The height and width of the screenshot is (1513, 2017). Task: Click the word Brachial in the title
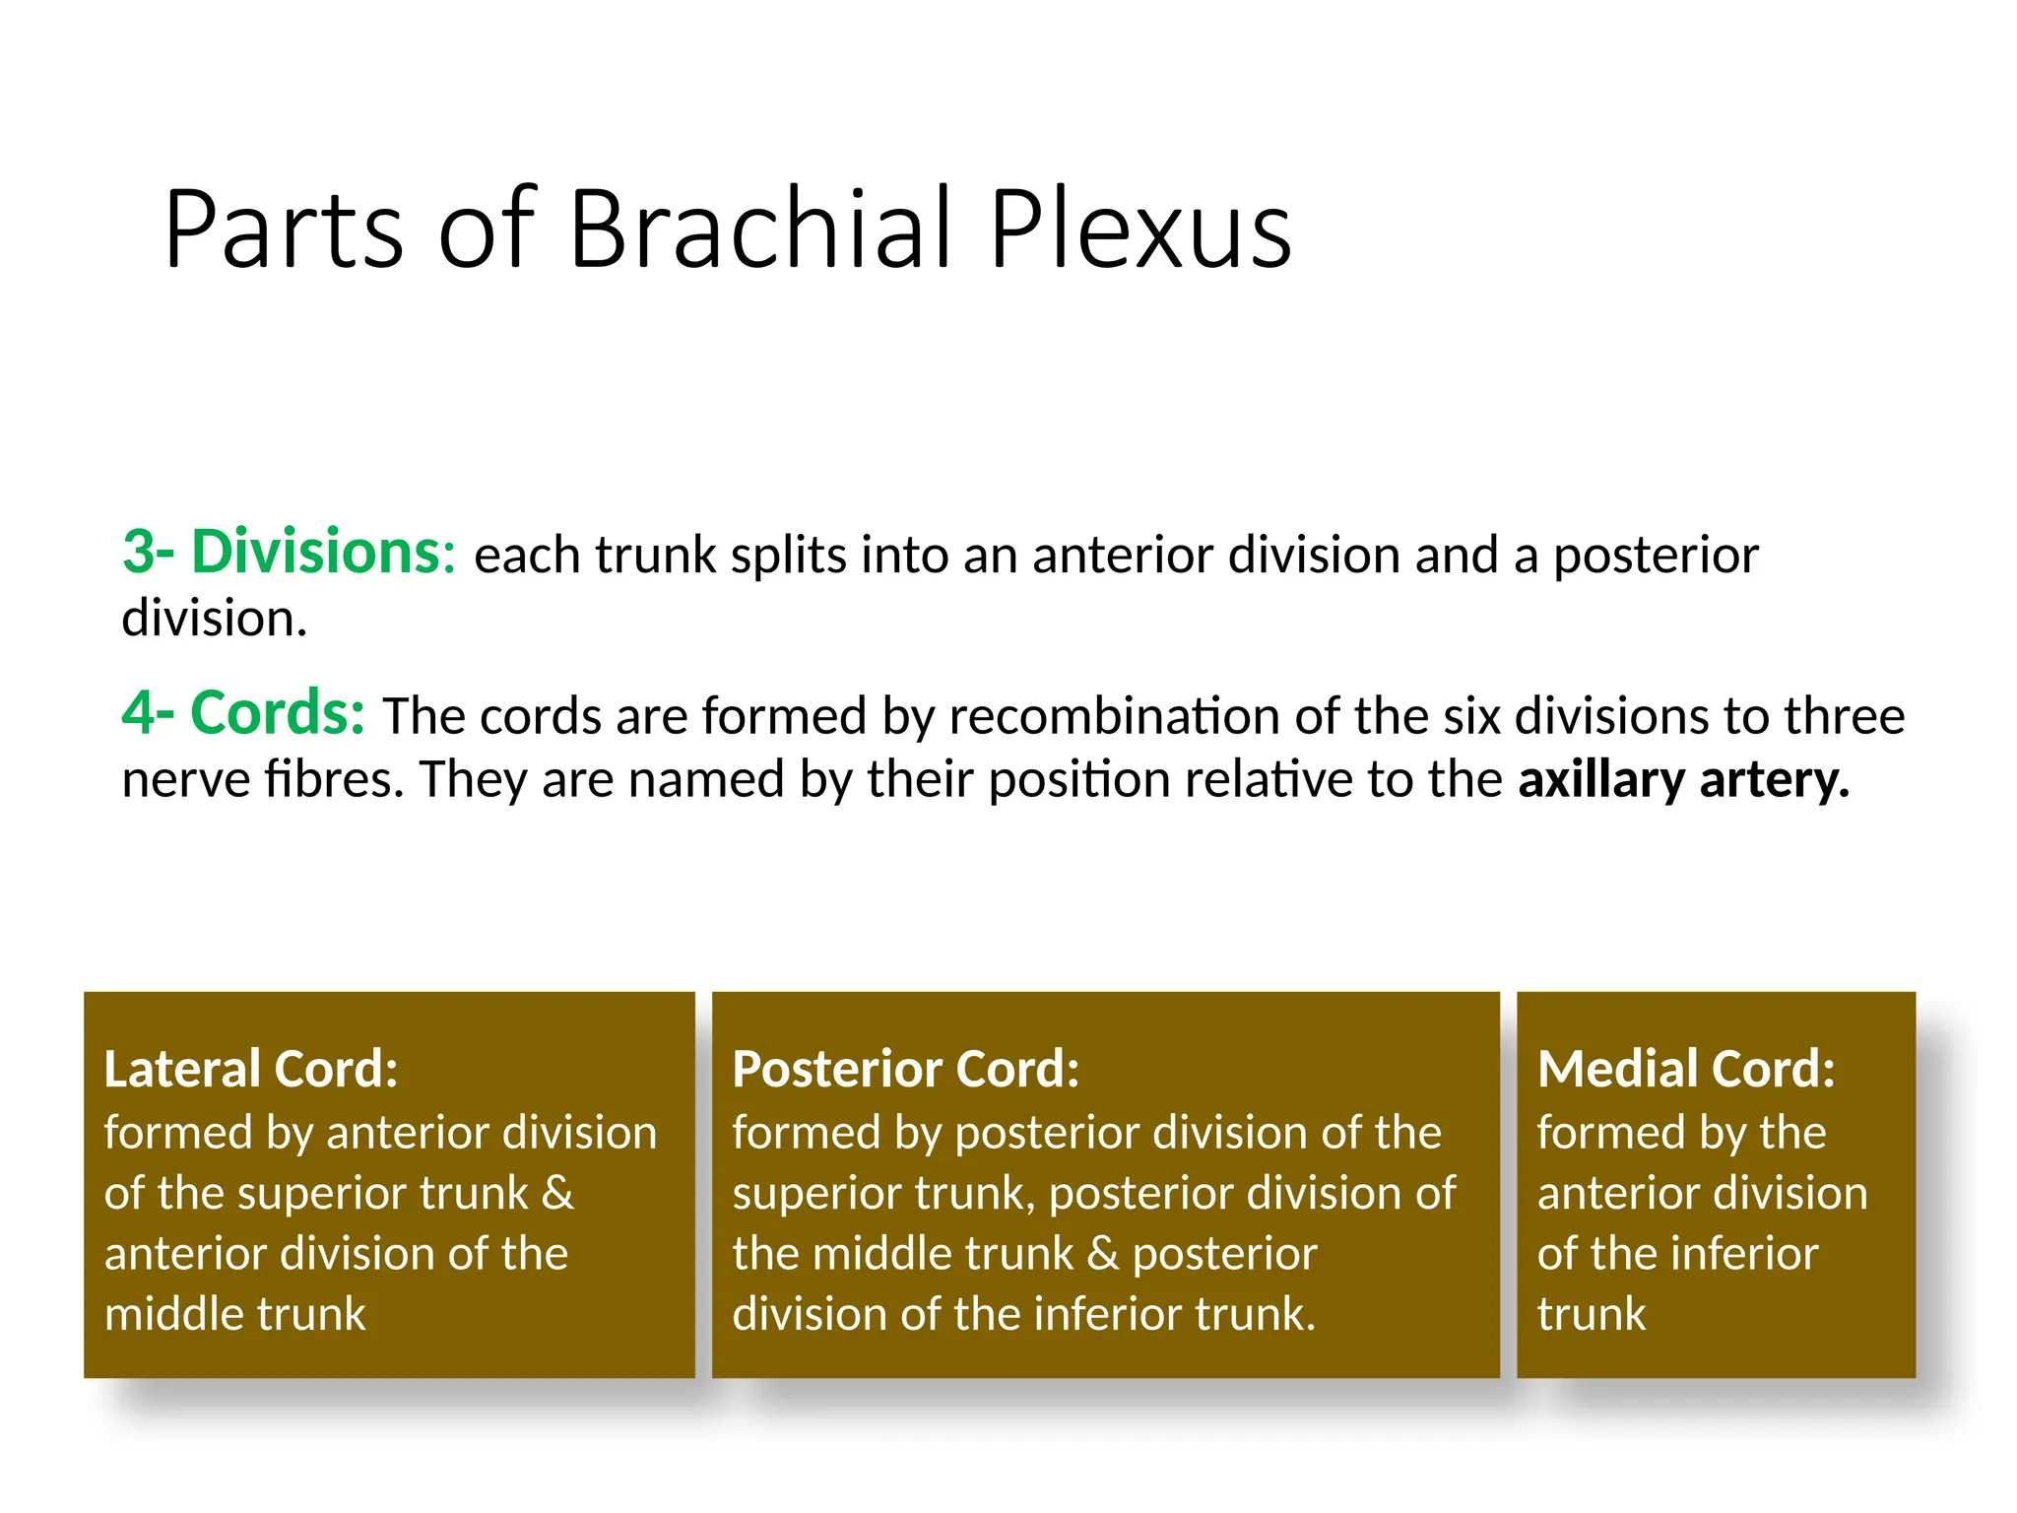(760, 230)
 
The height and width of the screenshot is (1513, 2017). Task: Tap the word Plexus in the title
(1139, 230)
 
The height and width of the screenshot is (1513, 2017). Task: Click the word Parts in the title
(284, 230)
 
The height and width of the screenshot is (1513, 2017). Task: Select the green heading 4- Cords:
(243, 713)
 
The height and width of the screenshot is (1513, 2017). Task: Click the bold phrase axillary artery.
(1683, 779)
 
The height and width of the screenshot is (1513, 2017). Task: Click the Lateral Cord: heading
(251, 1069)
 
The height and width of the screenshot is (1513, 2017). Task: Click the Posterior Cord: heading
(905, 1069)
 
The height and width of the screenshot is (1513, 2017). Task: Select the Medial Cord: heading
(1686, 1069)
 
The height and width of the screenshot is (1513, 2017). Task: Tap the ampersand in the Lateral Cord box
(557, 1193)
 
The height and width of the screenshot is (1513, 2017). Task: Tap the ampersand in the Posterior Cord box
(1103, 1254)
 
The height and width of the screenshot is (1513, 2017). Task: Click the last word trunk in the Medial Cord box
(1591, 1314)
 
